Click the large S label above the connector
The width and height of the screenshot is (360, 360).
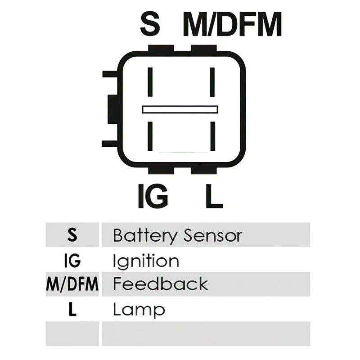[150, 24]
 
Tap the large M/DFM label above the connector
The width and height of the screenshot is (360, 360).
[232, 24]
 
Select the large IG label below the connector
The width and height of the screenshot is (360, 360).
[153, 196]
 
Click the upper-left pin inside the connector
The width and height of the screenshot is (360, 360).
[150, 82]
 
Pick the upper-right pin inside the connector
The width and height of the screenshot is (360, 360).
[212, 82]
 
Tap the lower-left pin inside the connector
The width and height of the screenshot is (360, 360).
[150, 136]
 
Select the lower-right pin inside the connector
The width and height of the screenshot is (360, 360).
[212, 136]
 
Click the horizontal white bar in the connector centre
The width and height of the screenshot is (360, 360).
[180, 109]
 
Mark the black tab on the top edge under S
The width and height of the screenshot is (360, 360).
[161, 48]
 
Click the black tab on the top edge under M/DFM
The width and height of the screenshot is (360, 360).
[204, 48]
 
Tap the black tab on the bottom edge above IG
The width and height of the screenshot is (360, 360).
[161, 171]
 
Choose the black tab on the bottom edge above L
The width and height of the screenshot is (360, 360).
[204, 171]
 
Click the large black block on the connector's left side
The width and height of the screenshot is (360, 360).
[113, 109]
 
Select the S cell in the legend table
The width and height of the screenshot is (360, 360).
[72, 234]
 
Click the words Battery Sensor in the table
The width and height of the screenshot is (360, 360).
[178, 236]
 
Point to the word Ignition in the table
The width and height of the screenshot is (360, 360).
[146, 261]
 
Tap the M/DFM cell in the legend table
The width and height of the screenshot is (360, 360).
[72, 284]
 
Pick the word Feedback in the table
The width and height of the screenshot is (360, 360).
[161, 284]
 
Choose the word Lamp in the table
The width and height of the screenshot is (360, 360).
[139, 310]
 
